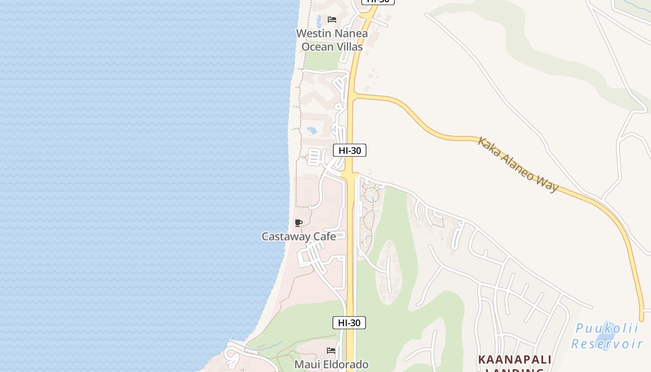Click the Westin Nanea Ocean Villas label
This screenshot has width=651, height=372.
click(332, 40)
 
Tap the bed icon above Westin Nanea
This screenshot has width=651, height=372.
click(332, 20)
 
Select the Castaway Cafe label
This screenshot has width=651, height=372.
click(299, 236)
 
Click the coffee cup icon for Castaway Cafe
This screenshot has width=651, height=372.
click(299, 223)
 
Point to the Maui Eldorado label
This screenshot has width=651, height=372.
click(331, 365)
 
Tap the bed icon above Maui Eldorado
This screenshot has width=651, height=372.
click(331, 350)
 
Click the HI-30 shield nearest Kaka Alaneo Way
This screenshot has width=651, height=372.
click(350, 150)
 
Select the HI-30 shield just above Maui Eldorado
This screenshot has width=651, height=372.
click(349, 323)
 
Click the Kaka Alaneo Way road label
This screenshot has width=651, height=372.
click(518, 164)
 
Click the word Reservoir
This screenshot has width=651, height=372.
click(607, 344)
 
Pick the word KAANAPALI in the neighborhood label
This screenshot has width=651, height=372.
click(515, 360)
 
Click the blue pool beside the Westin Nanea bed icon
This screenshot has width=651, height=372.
click(319, 21)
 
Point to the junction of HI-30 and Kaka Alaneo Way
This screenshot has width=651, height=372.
click(352, 95)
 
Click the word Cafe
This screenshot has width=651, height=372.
click(325, 236)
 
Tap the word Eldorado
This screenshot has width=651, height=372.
click(348, 365)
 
